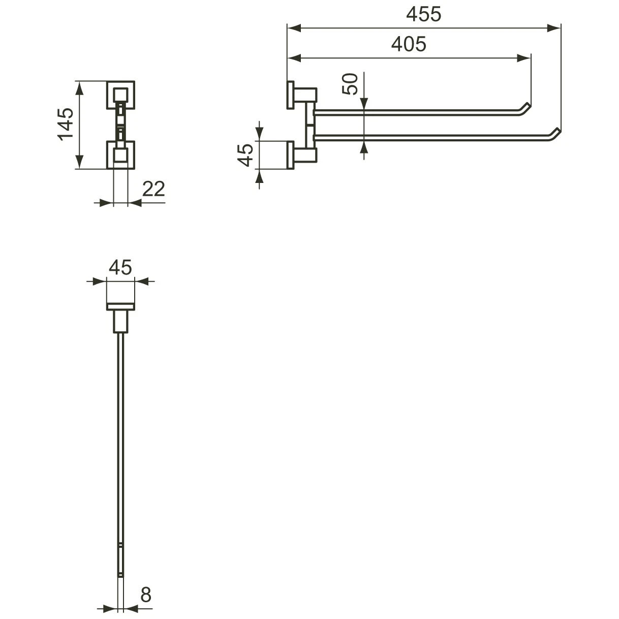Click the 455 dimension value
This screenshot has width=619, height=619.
click(423, 15)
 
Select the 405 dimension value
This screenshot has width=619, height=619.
click(409, 45)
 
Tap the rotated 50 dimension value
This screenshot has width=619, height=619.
click(350, 84)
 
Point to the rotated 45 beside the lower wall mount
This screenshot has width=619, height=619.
click(246, 154)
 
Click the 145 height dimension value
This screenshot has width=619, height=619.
click(66, 125)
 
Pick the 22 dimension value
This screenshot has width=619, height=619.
click(153, 189)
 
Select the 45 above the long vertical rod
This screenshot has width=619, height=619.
click(120, 267)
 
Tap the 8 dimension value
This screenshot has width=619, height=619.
click(146, 595)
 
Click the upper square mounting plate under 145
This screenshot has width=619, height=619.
click(120, 95)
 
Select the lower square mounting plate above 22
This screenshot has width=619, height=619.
click(120, 154)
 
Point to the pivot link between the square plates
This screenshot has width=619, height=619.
click(120, 125)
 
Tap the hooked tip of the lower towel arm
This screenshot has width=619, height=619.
click(553, 134)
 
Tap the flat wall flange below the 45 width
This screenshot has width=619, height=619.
click(120, 306)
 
